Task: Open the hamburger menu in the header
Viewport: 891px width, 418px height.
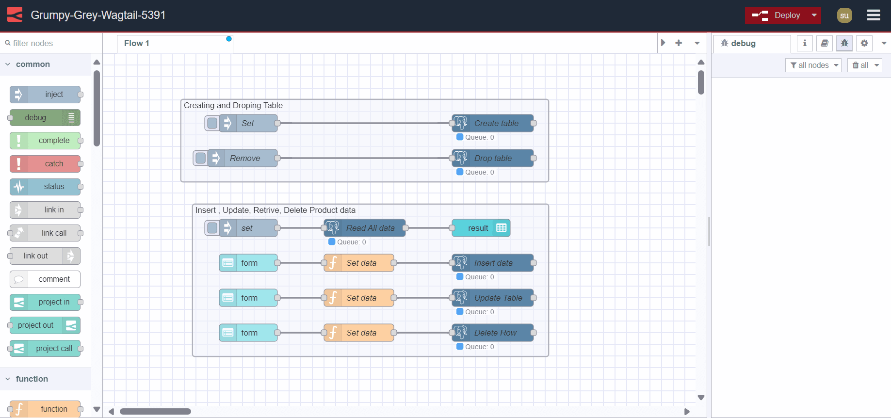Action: pyautogui.click(x=873, y=16)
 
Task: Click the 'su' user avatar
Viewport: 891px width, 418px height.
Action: pyautogui.click(x=844, y=16)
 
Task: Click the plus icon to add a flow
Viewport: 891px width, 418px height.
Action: pyautogui.click(x=679, y=43)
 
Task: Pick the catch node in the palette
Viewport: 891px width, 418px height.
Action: pyautogui.click(x=45, y=164)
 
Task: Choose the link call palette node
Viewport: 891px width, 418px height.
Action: pyautogui.click(x=45, y=233)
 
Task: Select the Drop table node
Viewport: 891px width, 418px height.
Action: pyautogui.click(x=493, y=158)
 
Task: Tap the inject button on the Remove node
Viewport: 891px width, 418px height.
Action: pyautogui.click(x=200, y=158)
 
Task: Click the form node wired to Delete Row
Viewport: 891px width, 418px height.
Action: pyautogui.click(x=248, y=333)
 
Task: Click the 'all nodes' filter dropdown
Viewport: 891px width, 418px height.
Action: pyautogui.click(x=813, y=65)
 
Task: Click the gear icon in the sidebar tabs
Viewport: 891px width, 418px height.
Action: pyautogui.click(x=864, y=43)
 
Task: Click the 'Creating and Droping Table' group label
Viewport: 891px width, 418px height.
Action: pyautogui.click(x=233, y=106)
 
